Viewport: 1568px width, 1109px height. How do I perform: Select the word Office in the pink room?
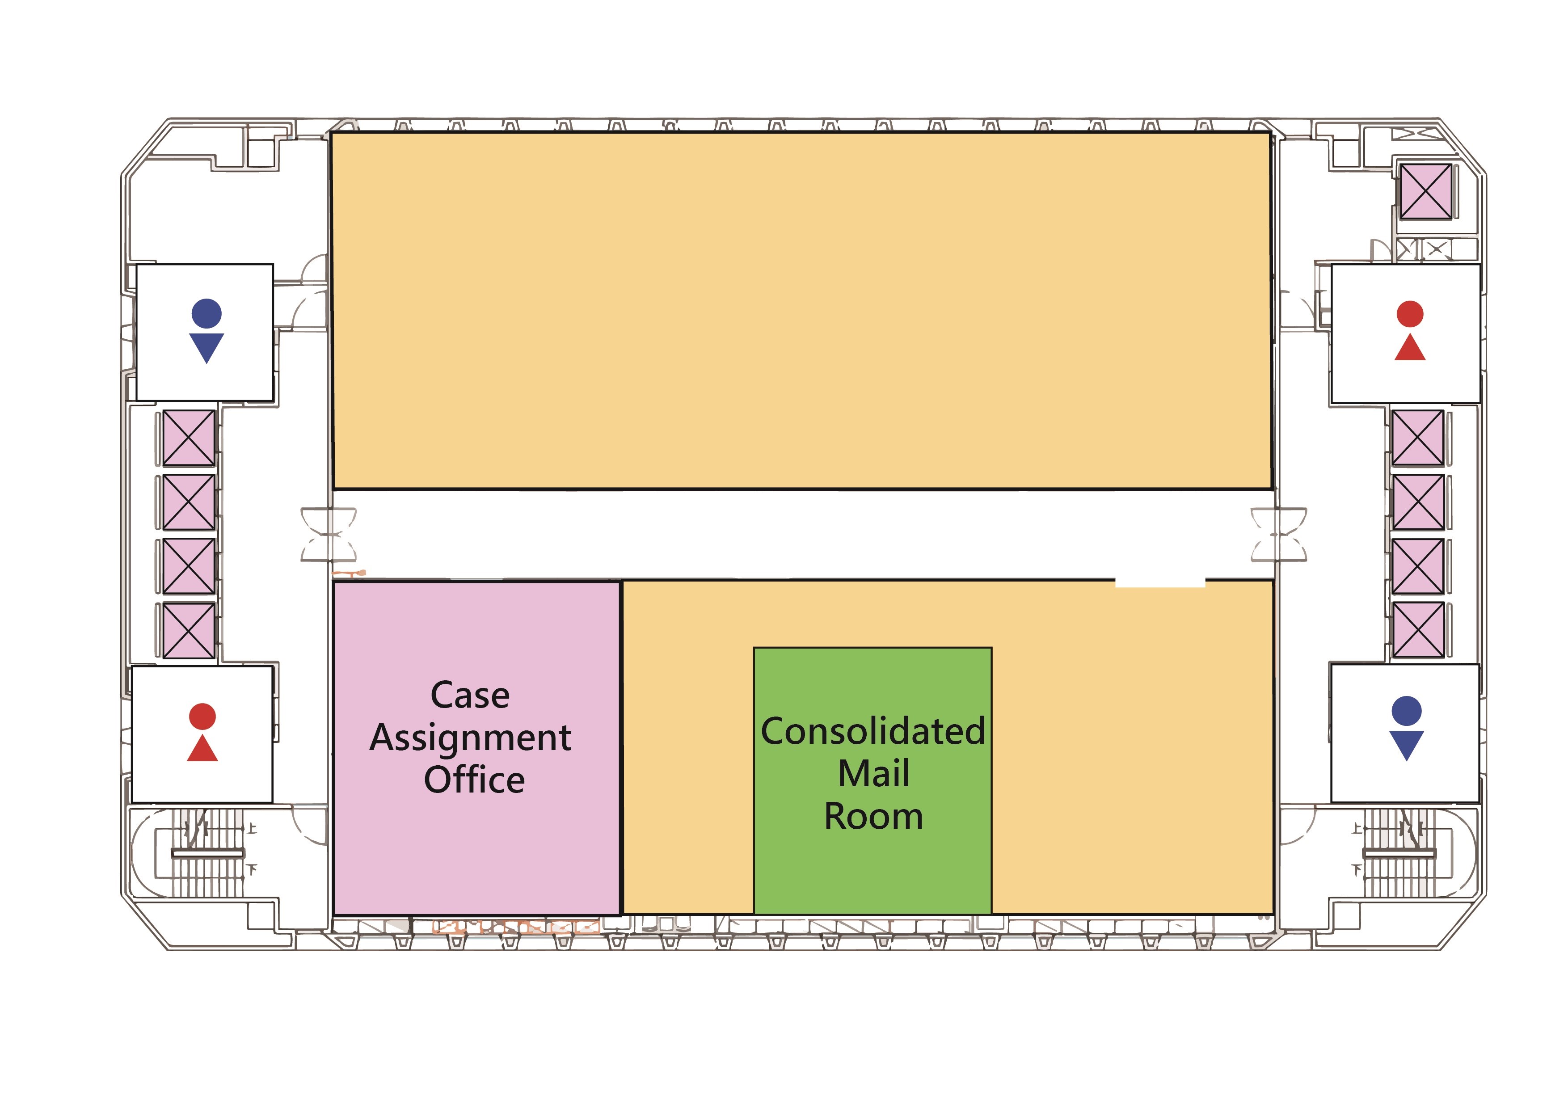[x=474, y=780]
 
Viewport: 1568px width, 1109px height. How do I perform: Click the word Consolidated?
[x=873, y=731]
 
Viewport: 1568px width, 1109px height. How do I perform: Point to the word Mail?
[x=873, y=774]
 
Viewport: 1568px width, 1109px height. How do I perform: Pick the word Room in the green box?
[x=873, y=817]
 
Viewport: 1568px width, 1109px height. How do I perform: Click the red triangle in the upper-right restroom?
[x=1410, y=348]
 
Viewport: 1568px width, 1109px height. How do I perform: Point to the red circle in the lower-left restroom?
[x=202, y=717]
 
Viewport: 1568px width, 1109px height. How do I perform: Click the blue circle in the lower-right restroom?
[x=1406, y=711]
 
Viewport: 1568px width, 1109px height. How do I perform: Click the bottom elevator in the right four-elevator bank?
[x=1418, y=630]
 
